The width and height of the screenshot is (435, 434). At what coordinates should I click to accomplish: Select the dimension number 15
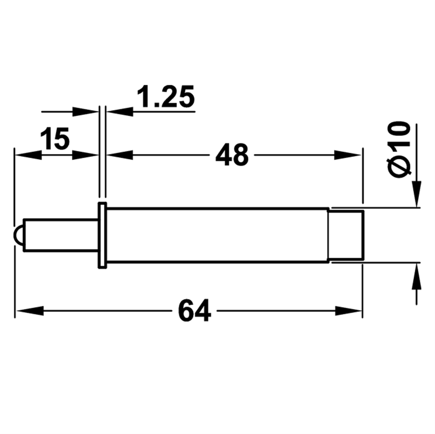(55, 139)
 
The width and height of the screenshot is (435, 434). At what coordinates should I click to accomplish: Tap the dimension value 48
(232, 155)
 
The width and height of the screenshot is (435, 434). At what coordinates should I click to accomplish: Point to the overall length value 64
(194, 310)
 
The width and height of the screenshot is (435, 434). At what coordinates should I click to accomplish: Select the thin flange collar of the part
(102, 235)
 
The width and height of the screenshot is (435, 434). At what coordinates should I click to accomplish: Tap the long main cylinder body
(217, 235)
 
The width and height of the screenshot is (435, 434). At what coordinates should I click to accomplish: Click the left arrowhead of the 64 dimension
(31, 310)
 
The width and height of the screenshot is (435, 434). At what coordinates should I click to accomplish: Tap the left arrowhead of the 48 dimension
(121, 155)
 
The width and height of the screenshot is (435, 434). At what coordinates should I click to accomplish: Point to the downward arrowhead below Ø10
(416, 194)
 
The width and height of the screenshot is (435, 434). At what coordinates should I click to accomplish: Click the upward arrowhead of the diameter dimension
(416, 277)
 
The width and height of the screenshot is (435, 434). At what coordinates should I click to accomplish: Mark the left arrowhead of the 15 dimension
(29, 155)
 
